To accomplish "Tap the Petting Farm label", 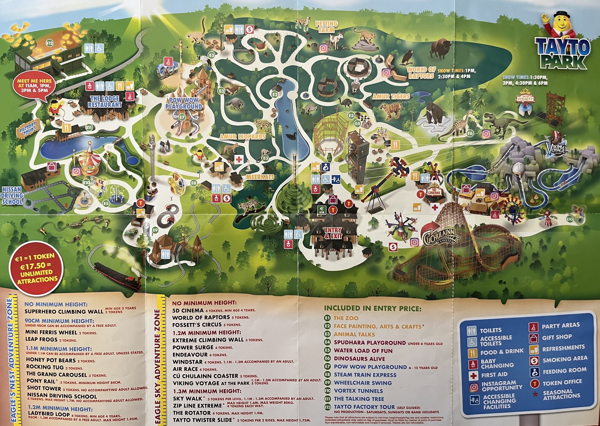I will [326, 27].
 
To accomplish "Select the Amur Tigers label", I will [391, 96].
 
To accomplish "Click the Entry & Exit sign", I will [333, 233].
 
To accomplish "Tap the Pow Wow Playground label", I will [184, 103].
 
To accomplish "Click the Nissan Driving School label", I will [12, 196].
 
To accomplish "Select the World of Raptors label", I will [421, 73].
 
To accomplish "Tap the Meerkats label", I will [260, 177].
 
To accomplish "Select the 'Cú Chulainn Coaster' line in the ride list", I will [205, 376].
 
